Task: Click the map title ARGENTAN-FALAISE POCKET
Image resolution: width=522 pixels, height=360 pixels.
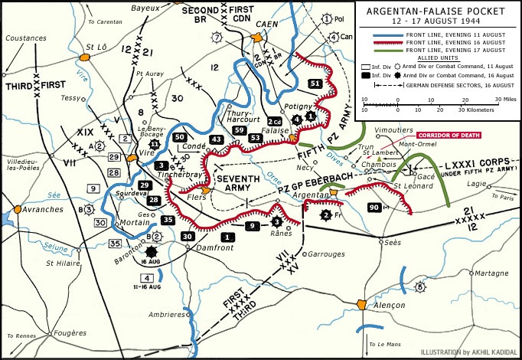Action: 437,12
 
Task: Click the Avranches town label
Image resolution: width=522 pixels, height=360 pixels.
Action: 42,210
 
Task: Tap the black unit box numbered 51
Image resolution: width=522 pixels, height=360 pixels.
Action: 314,83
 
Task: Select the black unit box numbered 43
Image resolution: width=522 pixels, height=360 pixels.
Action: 217,139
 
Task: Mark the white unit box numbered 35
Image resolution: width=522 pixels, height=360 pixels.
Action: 116,244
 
